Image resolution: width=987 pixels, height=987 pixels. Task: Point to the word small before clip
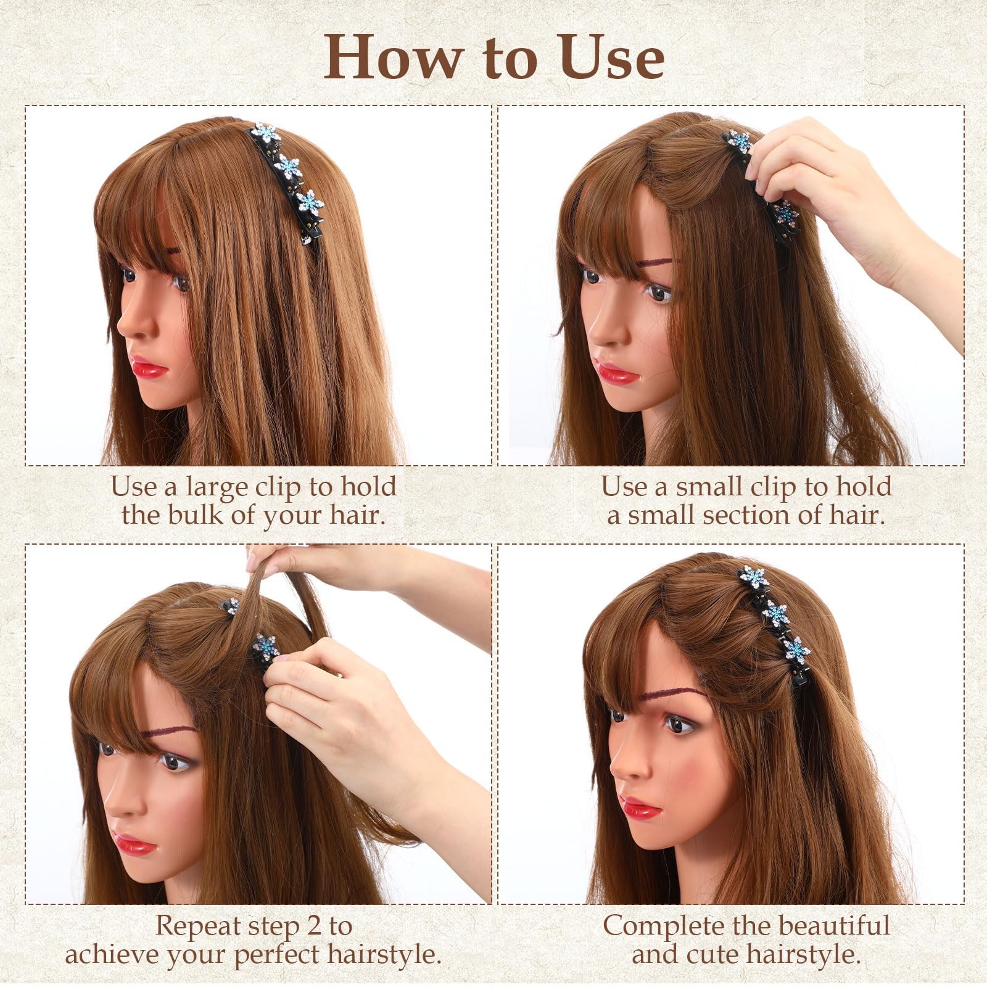710,487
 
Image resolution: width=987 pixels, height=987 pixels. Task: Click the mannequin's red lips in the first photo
148,368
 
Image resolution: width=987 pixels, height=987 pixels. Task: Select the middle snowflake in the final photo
775,614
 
